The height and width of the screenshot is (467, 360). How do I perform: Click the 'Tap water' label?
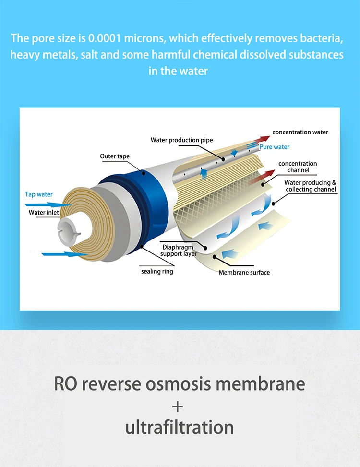[39, 194]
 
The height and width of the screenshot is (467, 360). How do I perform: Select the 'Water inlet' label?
[43, 212]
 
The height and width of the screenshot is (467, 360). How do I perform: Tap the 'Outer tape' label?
[115, 156]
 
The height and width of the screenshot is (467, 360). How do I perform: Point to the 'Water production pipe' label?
[181, 140]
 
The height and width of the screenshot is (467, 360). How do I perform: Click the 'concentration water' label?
[300, 132]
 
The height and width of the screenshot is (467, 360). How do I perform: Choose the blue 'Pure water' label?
[275, 147]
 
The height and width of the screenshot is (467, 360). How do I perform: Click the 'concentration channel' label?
[298, 167]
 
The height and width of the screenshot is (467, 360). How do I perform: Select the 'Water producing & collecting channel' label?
[311, 186]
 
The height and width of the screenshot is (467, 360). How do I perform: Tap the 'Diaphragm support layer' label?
[179, 251]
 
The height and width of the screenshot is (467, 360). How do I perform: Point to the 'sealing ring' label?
[157, 271]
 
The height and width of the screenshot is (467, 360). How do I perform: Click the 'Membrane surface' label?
[244, 273]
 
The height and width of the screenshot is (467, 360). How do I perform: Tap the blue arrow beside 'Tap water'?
[52, 204]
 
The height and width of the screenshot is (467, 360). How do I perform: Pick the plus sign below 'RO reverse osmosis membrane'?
[178, 407]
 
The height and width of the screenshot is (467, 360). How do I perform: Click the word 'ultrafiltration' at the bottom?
[180, 427]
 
